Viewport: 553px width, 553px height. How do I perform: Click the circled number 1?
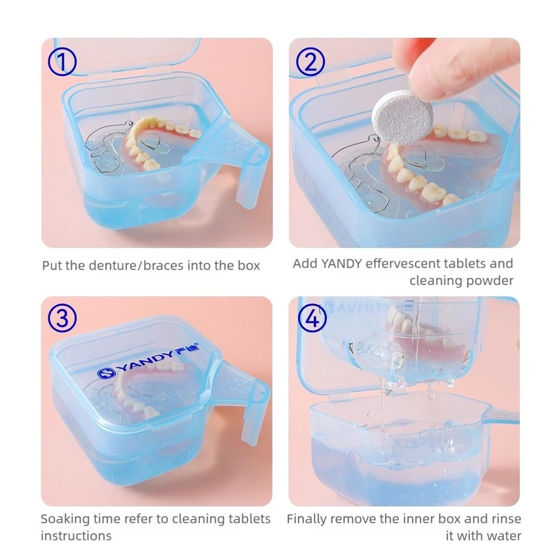pyautogui.click(x=62, y=62)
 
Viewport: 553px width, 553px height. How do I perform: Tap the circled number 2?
pyautogui.click(x=310, y=62)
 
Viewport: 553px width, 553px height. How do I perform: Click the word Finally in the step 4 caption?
pyautogui.click(x=309, y=518)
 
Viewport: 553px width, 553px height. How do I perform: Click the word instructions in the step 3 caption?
pyautogui.click(x=76, y=536)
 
